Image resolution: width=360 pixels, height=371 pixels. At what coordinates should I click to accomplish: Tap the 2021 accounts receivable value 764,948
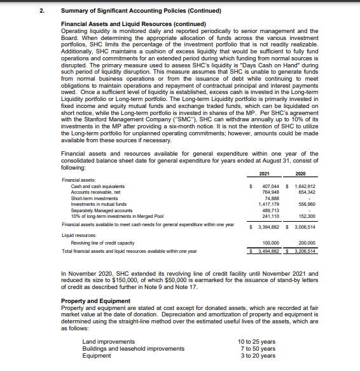[x=271, y=192]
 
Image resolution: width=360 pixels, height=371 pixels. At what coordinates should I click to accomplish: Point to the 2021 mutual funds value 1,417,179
[x=270, y=203]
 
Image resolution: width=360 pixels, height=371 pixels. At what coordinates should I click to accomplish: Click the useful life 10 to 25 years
[x=257, y=342]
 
